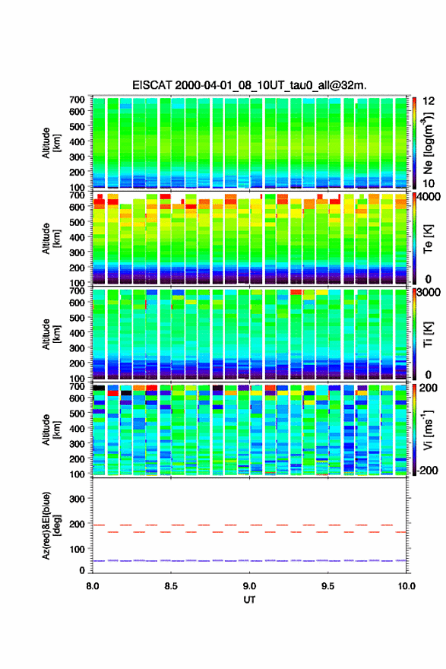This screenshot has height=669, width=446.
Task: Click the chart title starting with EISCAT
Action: (249, 85)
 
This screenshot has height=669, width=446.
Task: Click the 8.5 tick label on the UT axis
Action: (171, 586)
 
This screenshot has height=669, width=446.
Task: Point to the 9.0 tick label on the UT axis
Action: (249, 586)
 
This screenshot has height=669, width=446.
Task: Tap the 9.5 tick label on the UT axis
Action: (328, 586)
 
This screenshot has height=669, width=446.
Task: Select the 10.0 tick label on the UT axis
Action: (406, 586)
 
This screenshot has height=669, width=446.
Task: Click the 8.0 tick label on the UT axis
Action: (93, 586)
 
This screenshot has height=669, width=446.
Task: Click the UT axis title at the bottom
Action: (249, 600)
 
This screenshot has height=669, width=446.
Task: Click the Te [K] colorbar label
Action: (428, 239)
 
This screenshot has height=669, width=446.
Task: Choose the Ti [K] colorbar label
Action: (428, 334)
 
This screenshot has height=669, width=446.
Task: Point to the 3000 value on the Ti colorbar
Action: (429, 293)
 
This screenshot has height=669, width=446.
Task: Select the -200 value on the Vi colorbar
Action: (428, 470)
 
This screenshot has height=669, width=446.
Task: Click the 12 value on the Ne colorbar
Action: (429, 101)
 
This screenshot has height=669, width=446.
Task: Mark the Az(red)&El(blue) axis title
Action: (50, 525)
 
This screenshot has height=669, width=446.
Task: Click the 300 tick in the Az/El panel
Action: (77, 499)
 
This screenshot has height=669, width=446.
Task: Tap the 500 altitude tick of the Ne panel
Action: (77, 126)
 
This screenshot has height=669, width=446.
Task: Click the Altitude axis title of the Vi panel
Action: (50, 430)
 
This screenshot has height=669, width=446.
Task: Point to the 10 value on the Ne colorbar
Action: (429, 183)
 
